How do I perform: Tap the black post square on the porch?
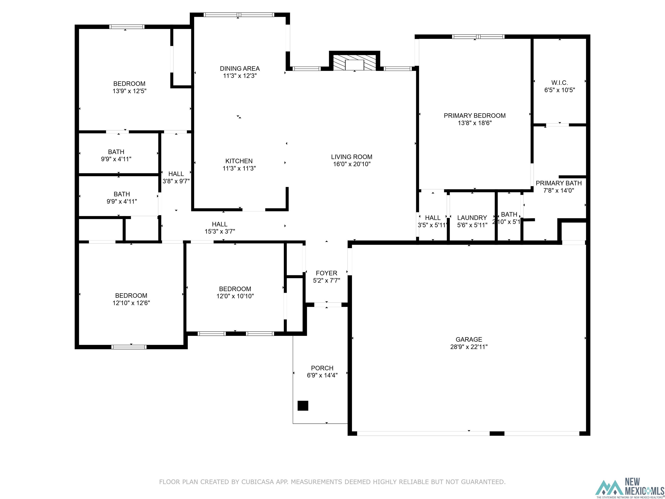pyautogui.click(x=303, y=406)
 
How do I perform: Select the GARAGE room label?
pyautogui.click(x=469, y=339)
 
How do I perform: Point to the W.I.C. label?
pyautogui.click(x=560, y=83)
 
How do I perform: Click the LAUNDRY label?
pyautogui.click(x=472, y=218)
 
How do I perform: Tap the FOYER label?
pyautogui.click(x=326, y=273)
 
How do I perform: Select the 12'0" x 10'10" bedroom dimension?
pyautogui.click(x=235, y=296)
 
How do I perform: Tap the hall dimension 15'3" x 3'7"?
pyautogui.click(x=220, y=232)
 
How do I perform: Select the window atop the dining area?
pyautogui.click(x=239, y=15)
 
